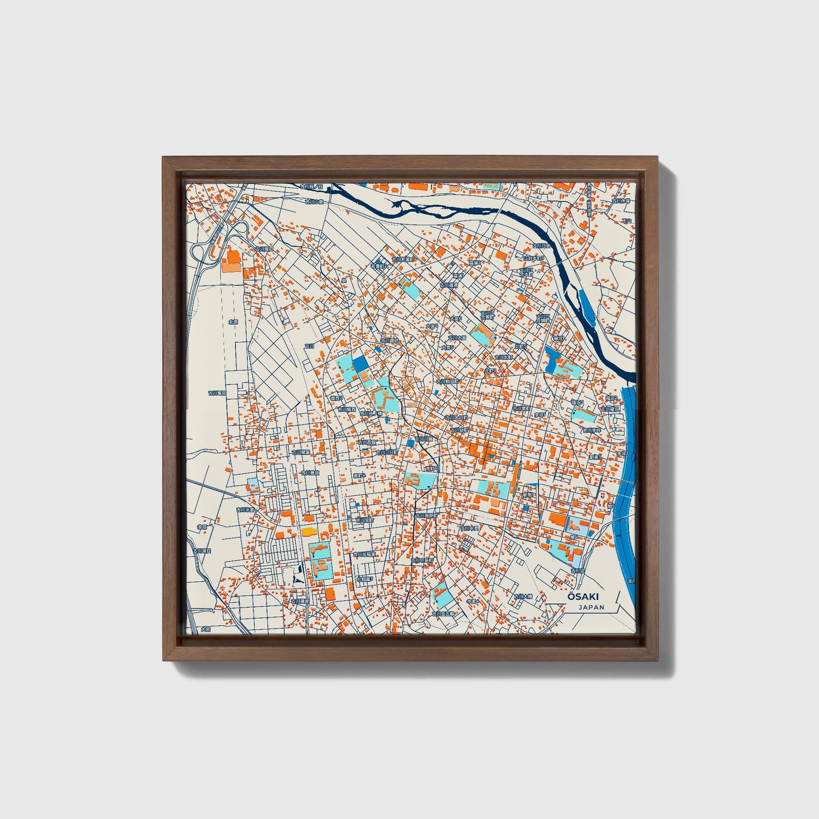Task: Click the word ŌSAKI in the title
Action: pos(583,596)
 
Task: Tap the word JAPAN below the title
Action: pos(592,607)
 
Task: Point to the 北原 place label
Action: pos(233,321)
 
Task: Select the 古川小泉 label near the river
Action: pos(313,201)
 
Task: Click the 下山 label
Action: pos(626,220)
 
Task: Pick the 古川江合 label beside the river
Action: pos(541,246)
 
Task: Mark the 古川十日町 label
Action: pos(457,417)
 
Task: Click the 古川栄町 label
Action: pos(365,520)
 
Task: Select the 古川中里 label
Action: pos(469,528)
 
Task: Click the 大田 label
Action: pos(205,630)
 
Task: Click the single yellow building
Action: pos(308,532)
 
